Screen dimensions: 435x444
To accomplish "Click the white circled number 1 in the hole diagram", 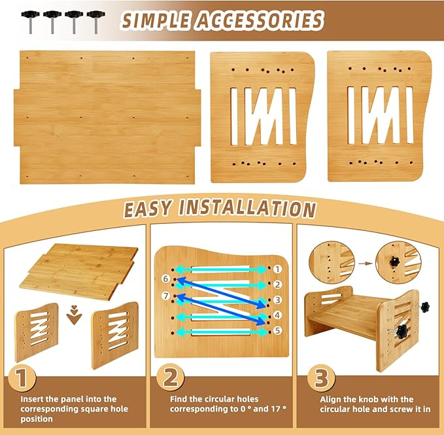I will click(278, 269).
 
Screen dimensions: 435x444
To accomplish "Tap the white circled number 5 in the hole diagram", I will click(278, 332).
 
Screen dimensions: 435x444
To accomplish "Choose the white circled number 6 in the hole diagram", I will click(166, 279).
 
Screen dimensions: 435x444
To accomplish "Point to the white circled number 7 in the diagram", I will click(166, 296).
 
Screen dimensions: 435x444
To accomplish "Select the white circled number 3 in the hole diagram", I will click(278, 300).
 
